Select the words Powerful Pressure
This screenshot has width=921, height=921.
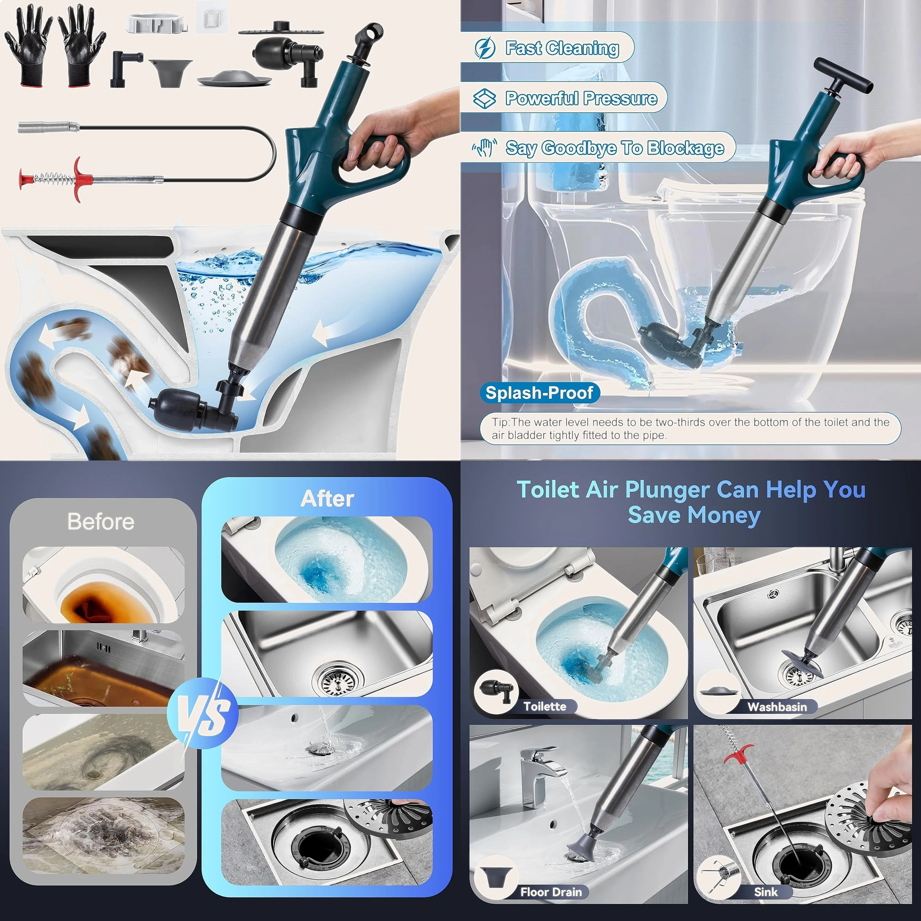(581, 98)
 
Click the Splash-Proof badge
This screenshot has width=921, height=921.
(539, 393)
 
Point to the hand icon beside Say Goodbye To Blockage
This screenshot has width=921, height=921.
(485, 148)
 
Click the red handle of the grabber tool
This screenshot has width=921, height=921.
(79, 179)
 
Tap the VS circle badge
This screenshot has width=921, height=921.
(203, 713)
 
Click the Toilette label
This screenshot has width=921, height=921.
(545, 706)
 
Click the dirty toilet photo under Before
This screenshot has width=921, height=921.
(103, 585)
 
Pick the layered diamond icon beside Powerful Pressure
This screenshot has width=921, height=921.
(485, 98)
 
